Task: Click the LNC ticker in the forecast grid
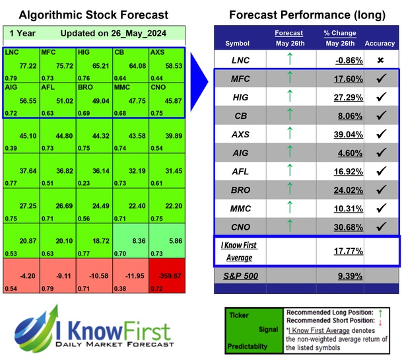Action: click(12, 51)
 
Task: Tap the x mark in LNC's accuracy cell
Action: click(380, 59)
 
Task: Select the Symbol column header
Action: click(238, 44)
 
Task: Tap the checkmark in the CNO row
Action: click(380, 227)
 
